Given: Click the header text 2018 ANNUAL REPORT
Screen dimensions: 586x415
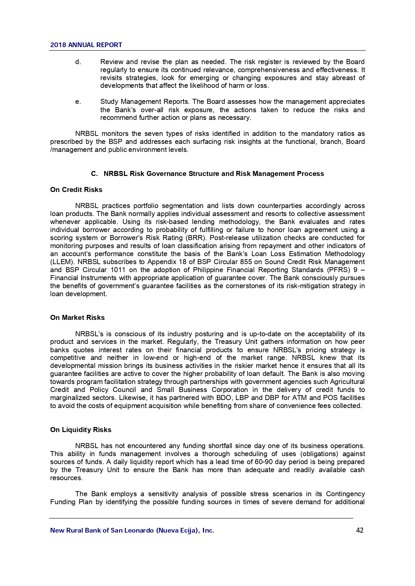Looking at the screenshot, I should pos(86,45).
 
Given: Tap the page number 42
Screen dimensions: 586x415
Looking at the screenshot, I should pos(360,530).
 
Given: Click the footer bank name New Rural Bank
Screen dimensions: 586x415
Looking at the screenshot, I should pos(132,530).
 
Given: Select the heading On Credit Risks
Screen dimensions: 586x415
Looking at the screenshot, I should pos(76,190).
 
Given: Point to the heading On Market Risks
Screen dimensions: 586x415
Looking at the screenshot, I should pos(77,318).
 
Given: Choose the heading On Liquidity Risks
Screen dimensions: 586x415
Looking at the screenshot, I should pos(81,430).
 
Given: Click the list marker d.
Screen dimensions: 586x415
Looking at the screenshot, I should pos(78,62).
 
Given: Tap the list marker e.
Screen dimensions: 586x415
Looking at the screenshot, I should pos(78,102).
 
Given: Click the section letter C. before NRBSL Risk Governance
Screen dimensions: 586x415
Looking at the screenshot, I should pos(94,174).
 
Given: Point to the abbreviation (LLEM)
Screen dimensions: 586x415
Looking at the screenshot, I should pos(63,262).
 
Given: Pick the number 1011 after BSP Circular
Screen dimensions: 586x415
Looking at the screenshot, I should pos(117,270).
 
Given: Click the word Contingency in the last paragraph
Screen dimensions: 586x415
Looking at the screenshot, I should pos(345,494).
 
